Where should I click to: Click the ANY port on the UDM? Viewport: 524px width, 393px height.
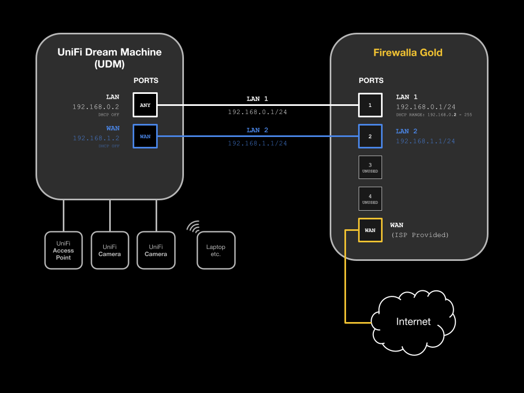[145, 105]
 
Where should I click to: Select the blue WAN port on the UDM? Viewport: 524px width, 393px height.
[145, 136]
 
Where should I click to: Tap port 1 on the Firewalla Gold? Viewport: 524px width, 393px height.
[370, 105]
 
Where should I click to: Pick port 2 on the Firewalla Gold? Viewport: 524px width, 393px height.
[370, 136]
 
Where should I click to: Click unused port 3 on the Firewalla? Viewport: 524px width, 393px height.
[370, 167]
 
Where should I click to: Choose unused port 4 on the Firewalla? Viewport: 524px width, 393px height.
[370, 199]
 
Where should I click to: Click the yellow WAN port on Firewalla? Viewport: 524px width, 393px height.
[370, 230]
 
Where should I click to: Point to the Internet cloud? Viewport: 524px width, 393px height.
[413, 321]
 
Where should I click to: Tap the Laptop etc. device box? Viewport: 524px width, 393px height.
[216, 250]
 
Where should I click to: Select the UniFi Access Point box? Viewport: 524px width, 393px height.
[63, 250]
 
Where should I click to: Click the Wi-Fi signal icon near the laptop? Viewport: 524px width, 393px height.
[194, 227]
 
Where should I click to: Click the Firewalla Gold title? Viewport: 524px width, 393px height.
[408, 53]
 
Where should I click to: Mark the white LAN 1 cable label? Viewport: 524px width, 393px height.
[257, 99]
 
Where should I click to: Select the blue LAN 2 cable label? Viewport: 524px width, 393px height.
[257, 130]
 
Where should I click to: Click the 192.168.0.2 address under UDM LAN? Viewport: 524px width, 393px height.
[96, 107]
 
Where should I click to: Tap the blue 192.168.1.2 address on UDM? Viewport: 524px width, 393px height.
[96, 138]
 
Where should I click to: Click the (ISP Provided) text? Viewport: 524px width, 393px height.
[419, 235]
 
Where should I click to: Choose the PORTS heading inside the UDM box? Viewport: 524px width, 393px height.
[146, 80]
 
